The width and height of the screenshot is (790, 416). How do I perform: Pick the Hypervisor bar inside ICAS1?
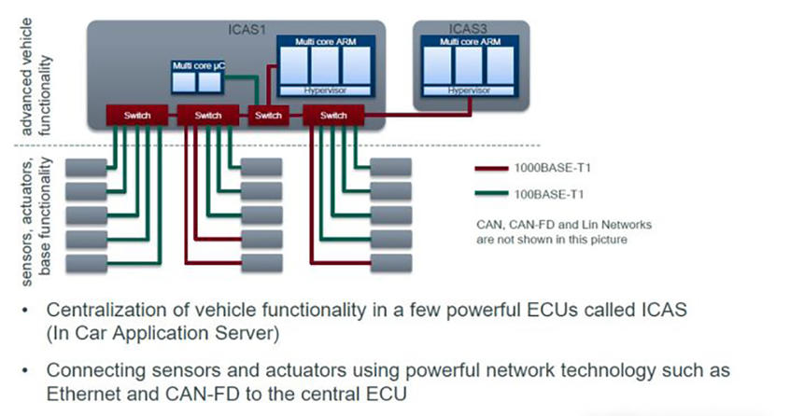(x=326, y=91)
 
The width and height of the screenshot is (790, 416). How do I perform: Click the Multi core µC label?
(x=197, y=65)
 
